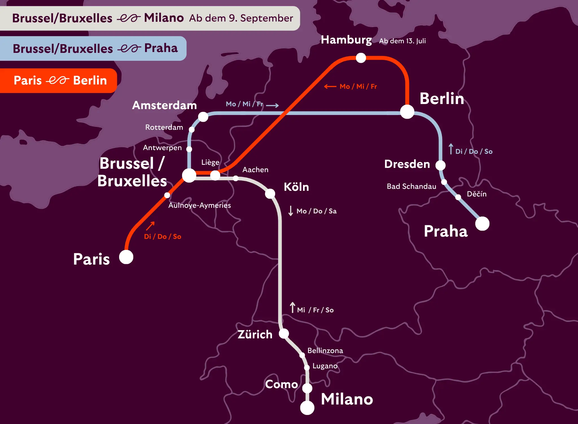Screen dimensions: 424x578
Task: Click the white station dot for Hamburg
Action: point(361,58)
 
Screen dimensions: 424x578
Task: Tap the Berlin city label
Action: point(442,99)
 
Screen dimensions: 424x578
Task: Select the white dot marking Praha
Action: point(482,224)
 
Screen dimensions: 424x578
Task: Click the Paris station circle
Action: point(126,257)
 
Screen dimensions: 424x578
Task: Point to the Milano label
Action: point(347,399)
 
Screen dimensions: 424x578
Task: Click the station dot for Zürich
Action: point(284,334)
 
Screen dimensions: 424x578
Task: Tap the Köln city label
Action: point(296,187)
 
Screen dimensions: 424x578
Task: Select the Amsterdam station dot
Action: point(203,117)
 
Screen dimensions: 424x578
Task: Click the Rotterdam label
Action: point(164,127)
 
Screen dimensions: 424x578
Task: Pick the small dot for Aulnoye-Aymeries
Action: point(167,195)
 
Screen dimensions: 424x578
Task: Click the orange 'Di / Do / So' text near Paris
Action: point(163,237)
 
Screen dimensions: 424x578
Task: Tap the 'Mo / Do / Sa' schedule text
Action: point(316,211)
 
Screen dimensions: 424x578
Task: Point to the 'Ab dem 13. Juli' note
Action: point(402,41)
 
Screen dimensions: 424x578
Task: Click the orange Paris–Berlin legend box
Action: point(58,81)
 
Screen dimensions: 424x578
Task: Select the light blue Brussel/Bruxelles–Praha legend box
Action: point(93,48)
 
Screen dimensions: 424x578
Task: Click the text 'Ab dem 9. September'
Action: point(241,18)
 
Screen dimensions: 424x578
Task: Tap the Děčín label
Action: point(476,194)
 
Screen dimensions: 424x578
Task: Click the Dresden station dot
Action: point(440,165)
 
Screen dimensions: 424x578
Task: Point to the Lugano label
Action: point(325,366)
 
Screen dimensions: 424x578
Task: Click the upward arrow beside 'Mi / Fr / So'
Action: point(293,308)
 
